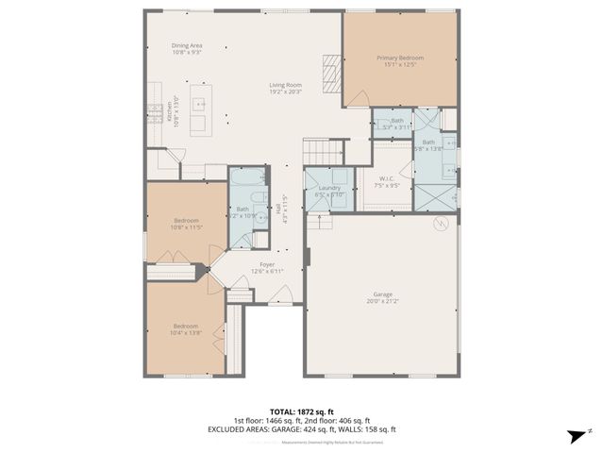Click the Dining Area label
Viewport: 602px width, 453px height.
pos(186,49)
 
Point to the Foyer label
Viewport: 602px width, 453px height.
pos(267,269)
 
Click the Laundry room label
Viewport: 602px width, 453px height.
pos(329,192)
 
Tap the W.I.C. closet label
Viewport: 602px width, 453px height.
pos(387,182)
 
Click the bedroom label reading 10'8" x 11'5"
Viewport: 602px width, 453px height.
pos(185,225)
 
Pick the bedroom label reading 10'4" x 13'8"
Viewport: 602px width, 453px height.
pos(185,330)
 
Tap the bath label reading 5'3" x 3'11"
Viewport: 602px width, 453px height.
pos(397,124)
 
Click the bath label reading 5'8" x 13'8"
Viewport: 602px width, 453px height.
pos(428,145)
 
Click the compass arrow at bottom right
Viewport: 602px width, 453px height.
pos(575,435)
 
